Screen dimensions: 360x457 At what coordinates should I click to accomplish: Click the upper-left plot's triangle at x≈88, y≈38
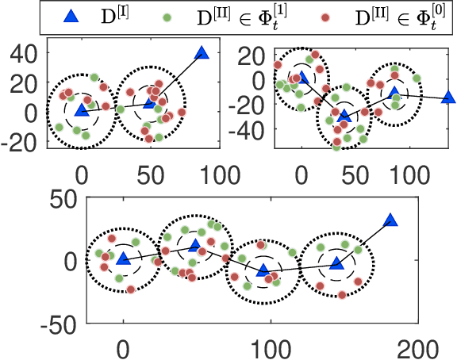tap(201, 53)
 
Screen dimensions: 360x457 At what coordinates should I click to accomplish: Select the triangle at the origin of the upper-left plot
tap(81, 110)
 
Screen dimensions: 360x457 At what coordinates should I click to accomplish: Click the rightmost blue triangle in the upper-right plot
tap(448, 98)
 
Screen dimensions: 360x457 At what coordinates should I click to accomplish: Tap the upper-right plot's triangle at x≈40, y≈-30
tap(344, 116)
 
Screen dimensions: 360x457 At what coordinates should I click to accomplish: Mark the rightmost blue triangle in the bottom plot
tap(390, 221)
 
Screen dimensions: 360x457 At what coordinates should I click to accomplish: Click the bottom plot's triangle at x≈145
tap(336, 262)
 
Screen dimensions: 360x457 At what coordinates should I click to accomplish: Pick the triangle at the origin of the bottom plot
tap(123, 259)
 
